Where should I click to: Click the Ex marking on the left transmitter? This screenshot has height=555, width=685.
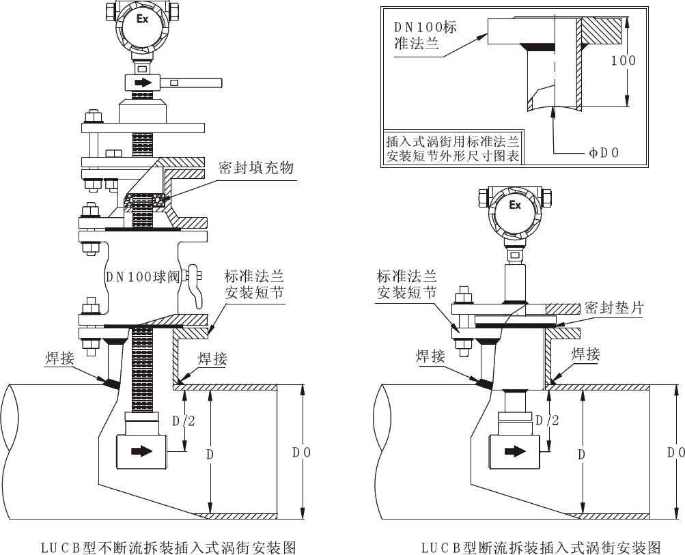click(x=143, y=19)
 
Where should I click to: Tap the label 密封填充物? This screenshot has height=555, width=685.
click(x=256, y=167)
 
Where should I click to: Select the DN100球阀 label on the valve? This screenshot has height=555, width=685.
click(x=141, y=277)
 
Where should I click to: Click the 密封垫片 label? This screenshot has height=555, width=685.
click(x=614, y=309)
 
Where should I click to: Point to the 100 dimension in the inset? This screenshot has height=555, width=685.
click(x=623, y=60)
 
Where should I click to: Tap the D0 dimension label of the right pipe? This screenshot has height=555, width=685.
click(x=675, y=452)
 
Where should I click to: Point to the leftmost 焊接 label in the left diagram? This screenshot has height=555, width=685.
click(x=59, y=358)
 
